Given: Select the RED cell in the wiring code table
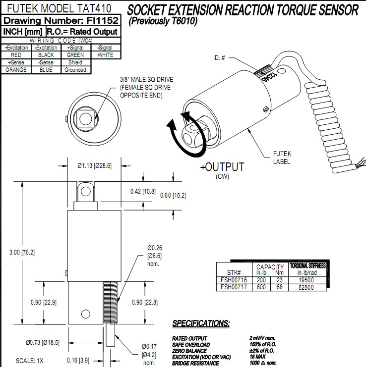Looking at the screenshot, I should pos(16,55).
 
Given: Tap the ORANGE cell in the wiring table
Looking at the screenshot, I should pos(16,70).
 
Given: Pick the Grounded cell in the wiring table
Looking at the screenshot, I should pos(75,70).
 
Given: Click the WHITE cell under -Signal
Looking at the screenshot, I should pos(105,55).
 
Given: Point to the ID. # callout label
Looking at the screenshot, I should pos(219,58).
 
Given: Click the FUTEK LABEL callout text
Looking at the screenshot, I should pos(281,158).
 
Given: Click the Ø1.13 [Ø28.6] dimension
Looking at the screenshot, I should pos(94,165).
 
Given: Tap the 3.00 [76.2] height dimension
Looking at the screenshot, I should pos(22,252).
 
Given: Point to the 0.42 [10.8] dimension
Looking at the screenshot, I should pos(142,191).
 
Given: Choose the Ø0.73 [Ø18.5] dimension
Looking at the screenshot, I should pos(43,342).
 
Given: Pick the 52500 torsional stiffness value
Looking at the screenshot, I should pos(305,287).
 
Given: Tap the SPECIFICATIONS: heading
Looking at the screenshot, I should pos(201,323).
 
